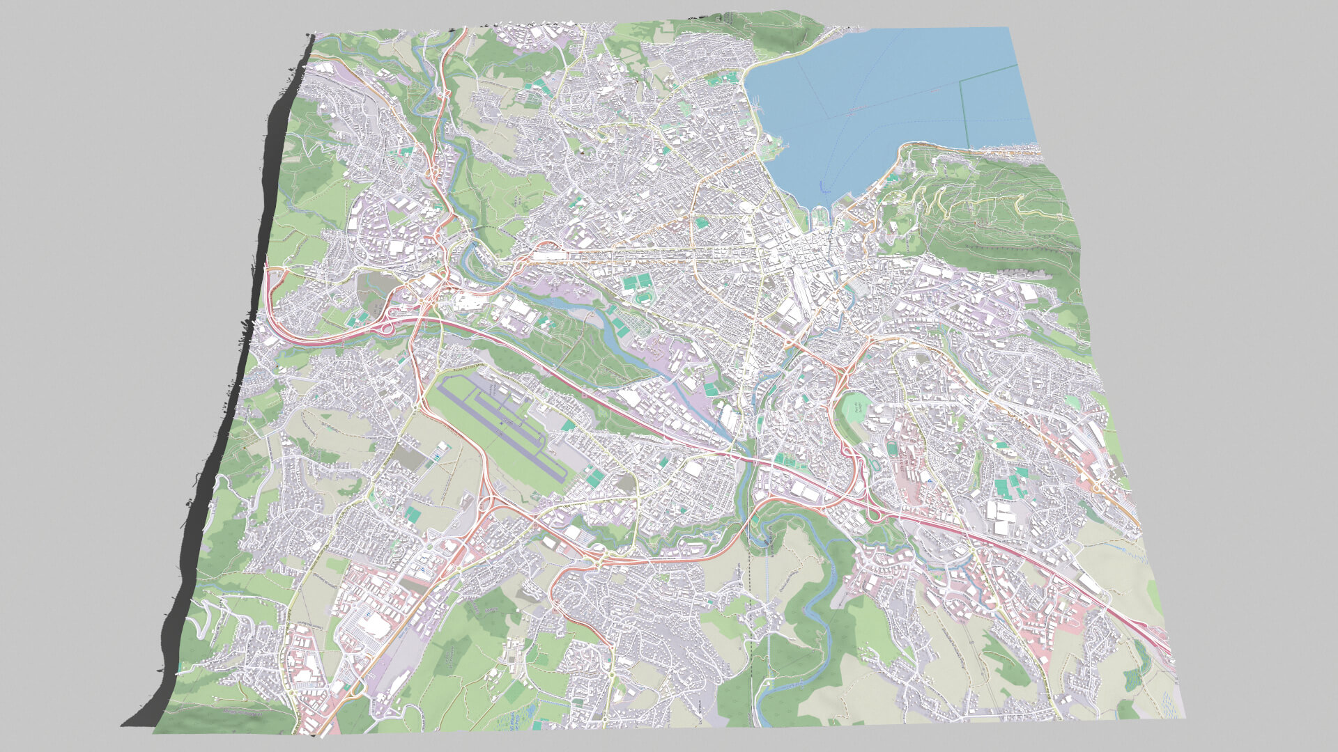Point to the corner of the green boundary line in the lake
pyautogui.click(x=962, y=81)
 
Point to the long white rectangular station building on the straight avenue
pyautogui.click(x=551, y=256)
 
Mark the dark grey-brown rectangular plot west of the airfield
pyautogui.click(x=411, y=456)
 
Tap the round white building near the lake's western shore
pyautogui.click(x=746, y=206)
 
